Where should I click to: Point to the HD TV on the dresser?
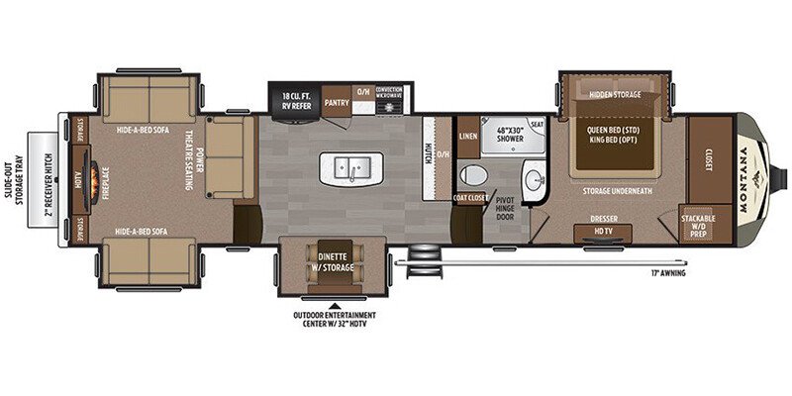(x=601, y=231)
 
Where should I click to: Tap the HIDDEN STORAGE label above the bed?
(x=615, y=94)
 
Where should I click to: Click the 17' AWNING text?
(x=669, y=271)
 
